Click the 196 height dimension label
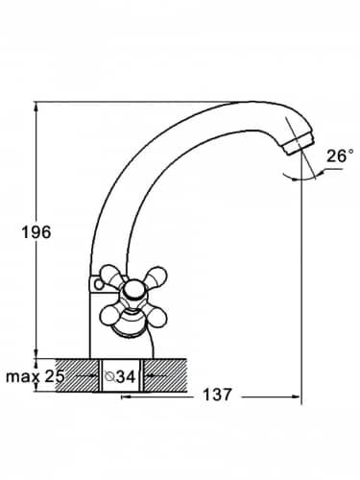coord(36,232)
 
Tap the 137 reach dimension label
coord(217,395)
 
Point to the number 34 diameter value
coord(126,377)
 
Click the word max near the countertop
coord(23,377)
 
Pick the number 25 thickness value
coord(55,376)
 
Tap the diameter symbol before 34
coord(109,377)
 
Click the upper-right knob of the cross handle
coord(156,276)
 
